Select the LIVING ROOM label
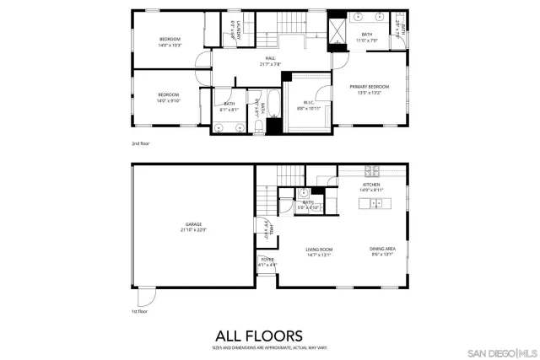319,250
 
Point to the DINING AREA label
381,249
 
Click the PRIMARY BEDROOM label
371,87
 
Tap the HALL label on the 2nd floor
270,58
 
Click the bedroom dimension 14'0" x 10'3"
170,44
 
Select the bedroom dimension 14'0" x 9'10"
170,100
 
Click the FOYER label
267,260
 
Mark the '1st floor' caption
140,311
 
